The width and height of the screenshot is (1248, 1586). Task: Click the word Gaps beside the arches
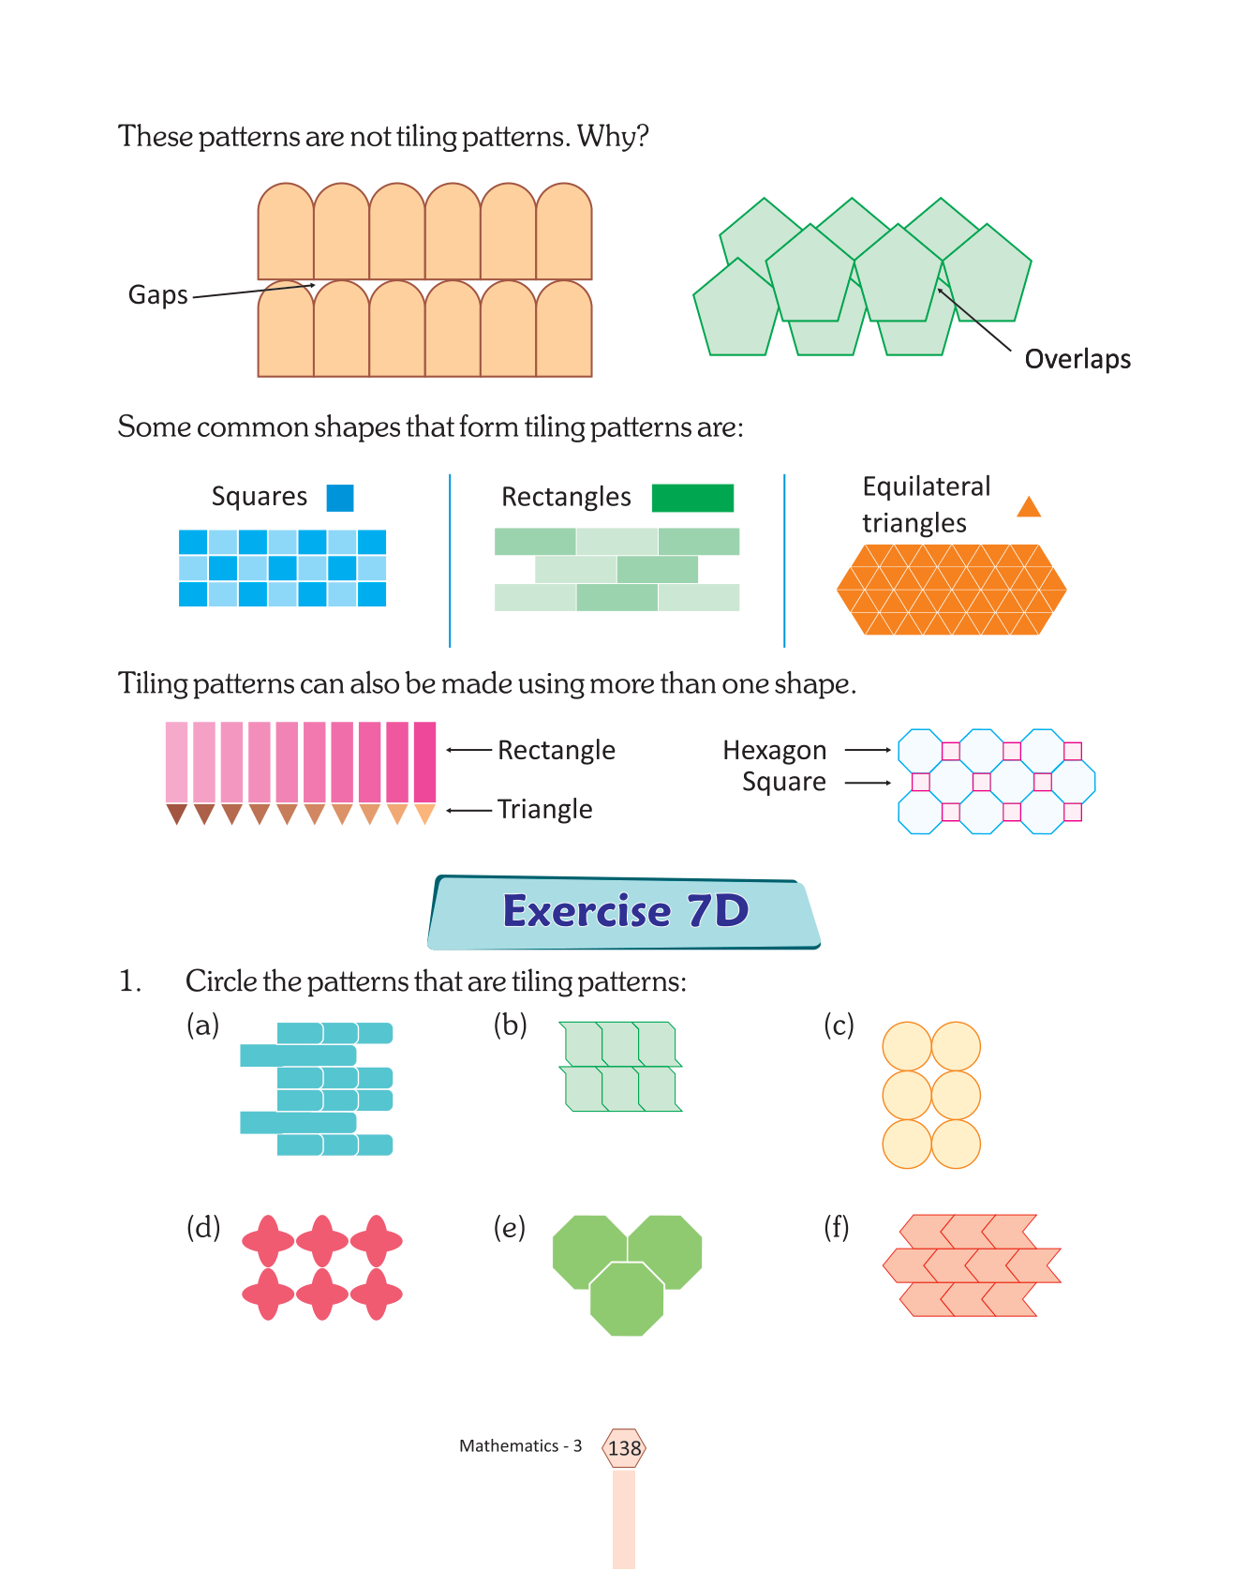[157, 295]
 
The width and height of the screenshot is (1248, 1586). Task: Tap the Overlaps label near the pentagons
[1077, 359]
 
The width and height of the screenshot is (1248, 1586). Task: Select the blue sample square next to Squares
[340, 498]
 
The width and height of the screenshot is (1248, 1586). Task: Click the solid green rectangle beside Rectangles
[692, 498]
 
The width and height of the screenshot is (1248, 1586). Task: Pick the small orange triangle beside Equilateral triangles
[1029, 507]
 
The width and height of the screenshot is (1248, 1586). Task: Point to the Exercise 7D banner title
[625, 911]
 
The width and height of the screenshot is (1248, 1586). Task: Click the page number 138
[624, 1448]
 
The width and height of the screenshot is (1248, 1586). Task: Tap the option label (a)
[203, 1025]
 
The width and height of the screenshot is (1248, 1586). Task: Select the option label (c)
[839, 1025]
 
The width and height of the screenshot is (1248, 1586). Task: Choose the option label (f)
[836, 1227]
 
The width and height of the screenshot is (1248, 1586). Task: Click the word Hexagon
[774, 751]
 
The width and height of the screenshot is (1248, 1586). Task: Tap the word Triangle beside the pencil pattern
[544, 809]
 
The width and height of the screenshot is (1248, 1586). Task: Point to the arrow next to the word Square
[868, 783]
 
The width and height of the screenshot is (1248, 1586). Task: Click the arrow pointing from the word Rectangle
[469, 750]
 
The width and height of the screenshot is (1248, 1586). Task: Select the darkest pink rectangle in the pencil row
[424, 762]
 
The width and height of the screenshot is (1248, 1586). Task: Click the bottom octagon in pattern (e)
[627, 1299]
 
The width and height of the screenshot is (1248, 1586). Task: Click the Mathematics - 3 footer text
[520, 1446]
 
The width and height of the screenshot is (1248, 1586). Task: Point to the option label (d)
[203, 1227]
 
